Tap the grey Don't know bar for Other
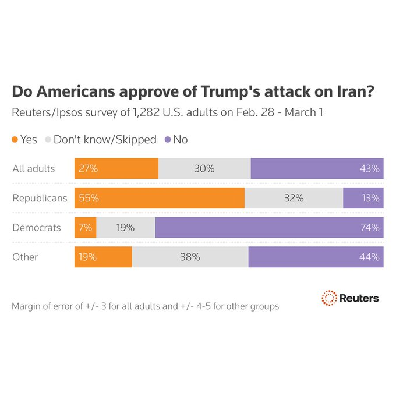click(190, 257)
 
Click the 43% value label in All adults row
click(370, 169)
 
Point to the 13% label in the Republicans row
click(370, 198)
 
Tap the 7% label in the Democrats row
click(85, 228)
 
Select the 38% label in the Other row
click(190, 257)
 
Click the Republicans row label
click(40, 198)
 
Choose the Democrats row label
click(37, 228)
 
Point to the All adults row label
click(34, 169)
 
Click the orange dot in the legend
click(15, 140)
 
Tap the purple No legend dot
click(168, 140)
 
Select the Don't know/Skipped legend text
click(105, 140)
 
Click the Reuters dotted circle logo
click(330, 298)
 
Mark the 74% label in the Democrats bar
click(370, 228)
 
